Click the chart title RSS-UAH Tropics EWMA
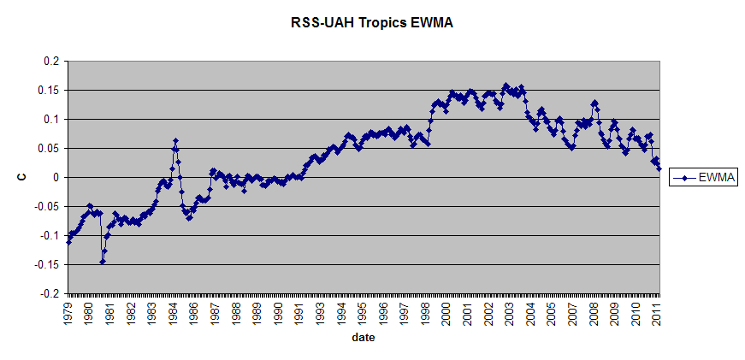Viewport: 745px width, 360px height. coord(372,23)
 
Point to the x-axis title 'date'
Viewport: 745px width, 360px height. coord(362,338)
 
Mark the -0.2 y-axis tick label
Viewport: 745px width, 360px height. coord(47,293)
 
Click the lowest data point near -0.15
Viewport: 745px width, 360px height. coord(102,262)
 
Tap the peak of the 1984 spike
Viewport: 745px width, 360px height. coord(175,140)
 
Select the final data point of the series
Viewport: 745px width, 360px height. coord(659,168)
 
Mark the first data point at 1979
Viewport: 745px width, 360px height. coord(68,241)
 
